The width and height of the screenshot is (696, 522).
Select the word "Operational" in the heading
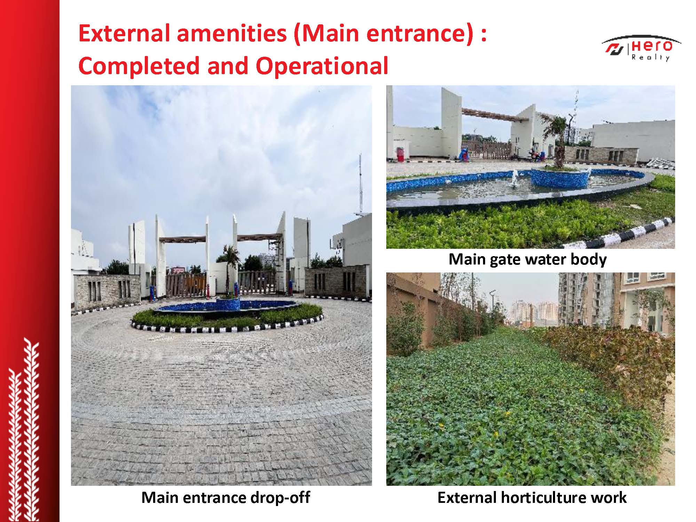click(x=322, y=66)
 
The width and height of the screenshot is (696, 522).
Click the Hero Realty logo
click(x=641, y=48)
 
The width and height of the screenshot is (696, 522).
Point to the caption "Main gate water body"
click(x=528, y=259)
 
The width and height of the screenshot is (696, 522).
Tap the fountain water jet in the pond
click(x=513, y=179)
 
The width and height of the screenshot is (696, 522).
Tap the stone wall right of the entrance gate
click(x=336, y=282)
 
